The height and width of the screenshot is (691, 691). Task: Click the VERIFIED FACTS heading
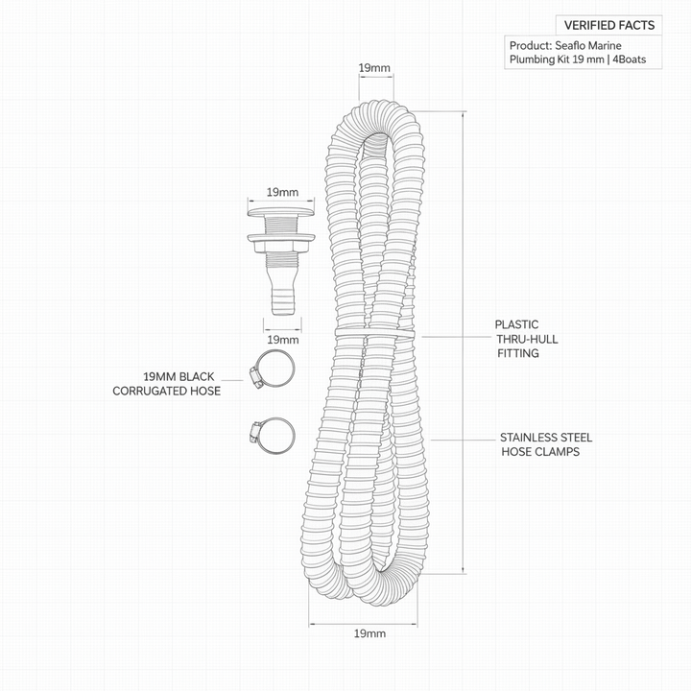tap(609, 25)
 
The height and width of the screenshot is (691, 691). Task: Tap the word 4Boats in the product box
tap(629, 60)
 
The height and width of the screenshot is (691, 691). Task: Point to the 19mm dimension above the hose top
tap(374, 68)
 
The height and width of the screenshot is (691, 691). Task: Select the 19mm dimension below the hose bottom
tap(369, 633)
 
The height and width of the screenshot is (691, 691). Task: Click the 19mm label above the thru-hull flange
tap(282, 192)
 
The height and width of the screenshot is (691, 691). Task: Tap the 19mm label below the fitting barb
tap(282, 340)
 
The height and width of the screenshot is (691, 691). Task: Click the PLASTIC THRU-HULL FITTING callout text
tap(526, 339)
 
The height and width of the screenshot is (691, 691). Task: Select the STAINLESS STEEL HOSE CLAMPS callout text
tap(546, 444)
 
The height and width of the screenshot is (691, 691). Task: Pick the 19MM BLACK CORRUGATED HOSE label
tap(167, 383)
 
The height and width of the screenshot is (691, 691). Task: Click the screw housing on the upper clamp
tap(255, 378)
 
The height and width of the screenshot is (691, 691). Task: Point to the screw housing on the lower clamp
tap(254, 432)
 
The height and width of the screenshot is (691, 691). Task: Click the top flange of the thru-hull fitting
tap(280, 212)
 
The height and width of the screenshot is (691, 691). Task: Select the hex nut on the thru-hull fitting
tap(281, 244)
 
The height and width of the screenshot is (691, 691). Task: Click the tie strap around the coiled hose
tap(374, 333)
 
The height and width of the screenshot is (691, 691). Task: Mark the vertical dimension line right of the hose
tap(464, 343)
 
